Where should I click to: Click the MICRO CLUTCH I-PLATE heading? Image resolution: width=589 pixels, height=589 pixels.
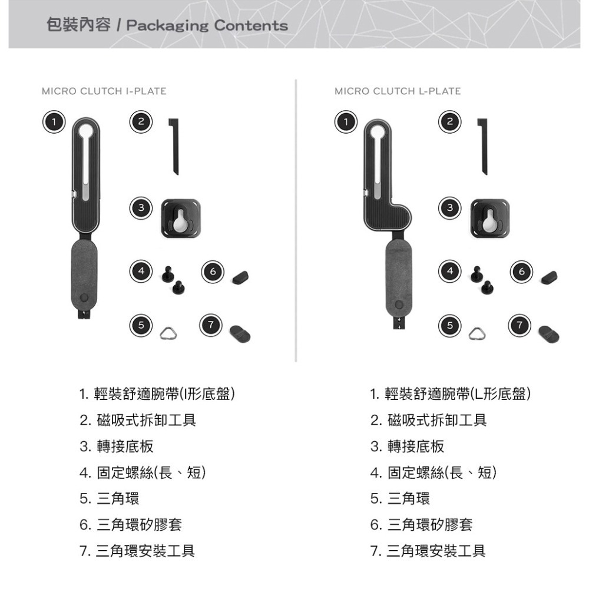pyautogui.click(x=104, y=91)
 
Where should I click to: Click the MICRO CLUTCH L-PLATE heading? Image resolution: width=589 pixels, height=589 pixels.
pyautogui.click(x=398, y=91)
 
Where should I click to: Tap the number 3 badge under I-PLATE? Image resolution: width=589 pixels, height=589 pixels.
pyautogui.click(x=140, y=207)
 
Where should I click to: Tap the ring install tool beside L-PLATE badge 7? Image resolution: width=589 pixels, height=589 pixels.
pyautogui.click(x=550, y=334)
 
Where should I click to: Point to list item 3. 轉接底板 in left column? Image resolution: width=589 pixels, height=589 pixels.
pyautogui.click(x=117, y=446)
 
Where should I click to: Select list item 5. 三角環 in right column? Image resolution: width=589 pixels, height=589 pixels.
pyautogui.click(x=401, y=499)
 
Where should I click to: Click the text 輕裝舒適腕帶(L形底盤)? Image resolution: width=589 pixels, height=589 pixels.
pyautogui.click(x=451, y=393)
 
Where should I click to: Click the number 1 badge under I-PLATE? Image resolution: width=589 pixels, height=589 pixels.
pyautogui.click(x=53, y=122)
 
